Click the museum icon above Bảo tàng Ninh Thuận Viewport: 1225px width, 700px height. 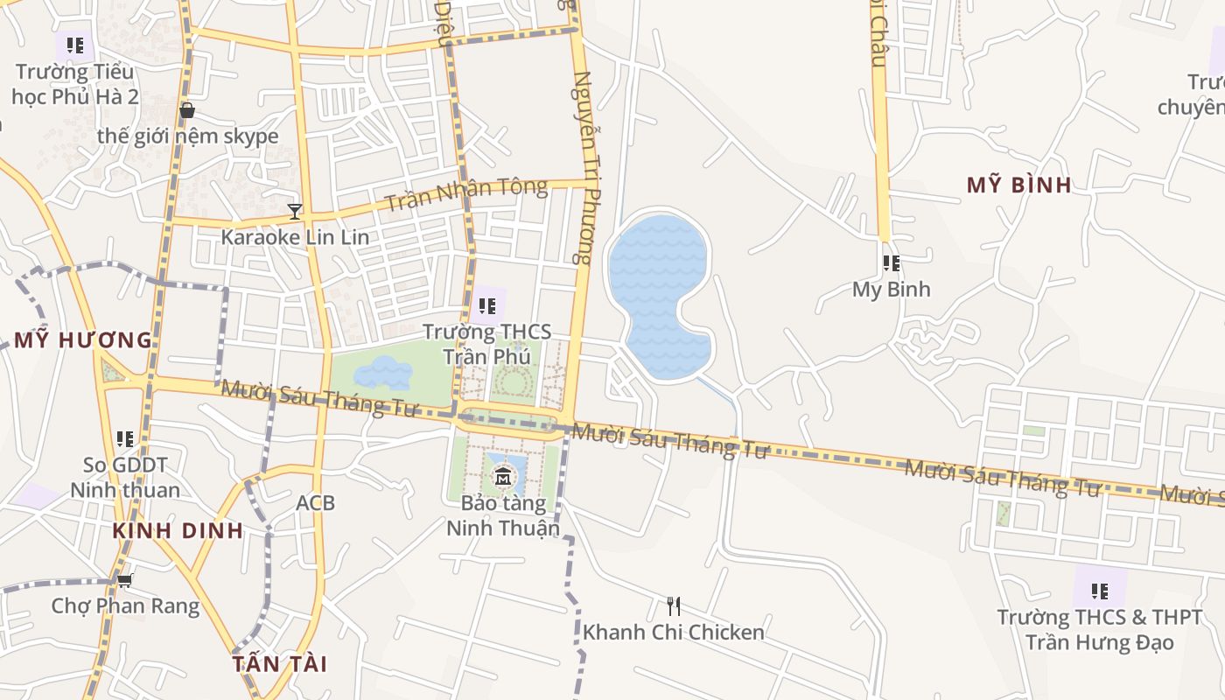pyautogui.click(x=503, y=477)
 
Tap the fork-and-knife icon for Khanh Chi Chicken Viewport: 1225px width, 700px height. pyautogui.click(x=674, y=605)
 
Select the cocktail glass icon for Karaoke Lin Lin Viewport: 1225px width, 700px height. pyautogui.click(x=295, y=211)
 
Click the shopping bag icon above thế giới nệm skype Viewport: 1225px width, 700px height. pyautogui.click(x=186, y=110)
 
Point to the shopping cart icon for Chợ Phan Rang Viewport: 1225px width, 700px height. pyautogui.click(x=125, y=579)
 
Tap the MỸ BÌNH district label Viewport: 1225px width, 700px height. pyautogui.click(x=1019, y=185)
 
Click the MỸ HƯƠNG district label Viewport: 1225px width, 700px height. pyautogui.click(x=83, y=339)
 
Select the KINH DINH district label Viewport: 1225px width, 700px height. pyautogui.click(x=178, y=530)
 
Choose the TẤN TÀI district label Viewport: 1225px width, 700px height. pyautogui.click(x=280, y=663)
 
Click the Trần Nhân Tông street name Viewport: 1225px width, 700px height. pyautogui.click(x=465, y=194)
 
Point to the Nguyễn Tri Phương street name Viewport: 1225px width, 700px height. pyautogui.click(x=583, y=166)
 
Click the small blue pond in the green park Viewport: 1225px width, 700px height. pyautogui.click(x=383, y=373)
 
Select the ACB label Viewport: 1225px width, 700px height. pyautogui.click(x=315, y=503)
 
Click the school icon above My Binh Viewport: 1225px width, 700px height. pyautogui.click(x=891, y=262)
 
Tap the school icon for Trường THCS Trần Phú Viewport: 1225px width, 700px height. pyautogui.click(x=486, y=306)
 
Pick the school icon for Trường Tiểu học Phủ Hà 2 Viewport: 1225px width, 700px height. pyautogui.click(x=75, y=45)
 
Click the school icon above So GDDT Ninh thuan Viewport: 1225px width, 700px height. pyautogui.click(x=125, y=438)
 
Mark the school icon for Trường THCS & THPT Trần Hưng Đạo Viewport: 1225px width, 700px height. pyautogui.click(x=1100, y=591)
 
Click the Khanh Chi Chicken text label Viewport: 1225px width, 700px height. pyautogui.click(x=674, y=632)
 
